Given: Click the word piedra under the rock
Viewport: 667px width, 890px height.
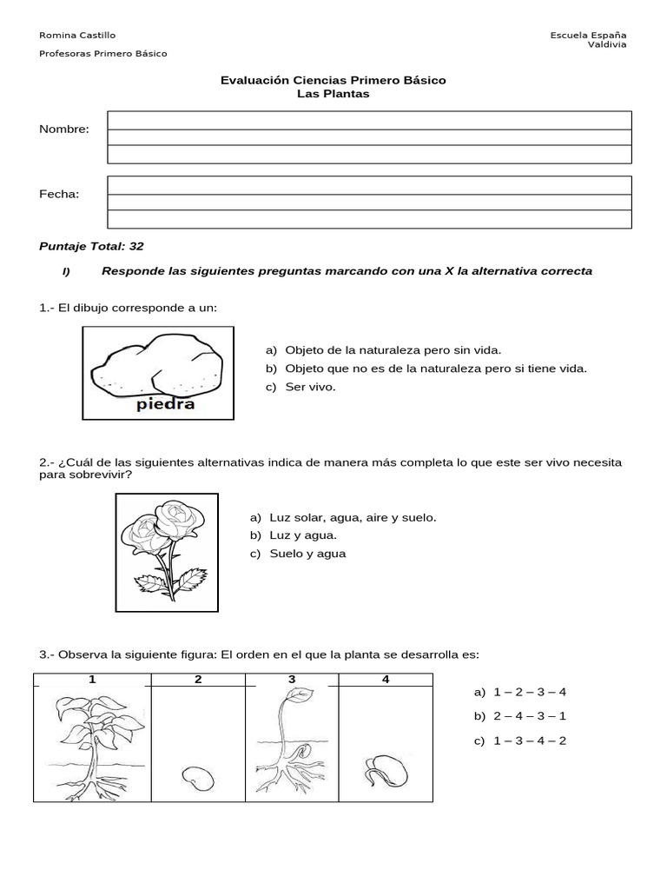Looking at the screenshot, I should click(165, 404).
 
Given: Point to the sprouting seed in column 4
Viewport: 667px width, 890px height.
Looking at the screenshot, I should click(382, 768).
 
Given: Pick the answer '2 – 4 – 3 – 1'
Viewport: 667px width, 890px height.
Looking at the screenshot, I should click(529, 716).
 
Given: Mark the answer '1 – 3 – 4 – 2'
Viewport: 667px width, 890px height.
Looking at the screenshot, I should click(529, 741).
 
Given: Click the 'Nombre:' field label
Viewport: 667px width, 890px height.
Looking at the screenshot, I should click(64, 130).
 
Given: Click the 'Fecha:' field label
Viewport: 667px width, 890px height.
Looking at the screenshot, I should click(59, 194).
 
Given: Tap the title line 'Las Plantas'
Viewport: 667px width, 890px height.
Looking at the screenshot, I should click(333, 94).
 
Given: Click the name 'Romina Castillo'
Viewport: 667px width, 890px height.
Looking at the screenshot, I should click(77, 35).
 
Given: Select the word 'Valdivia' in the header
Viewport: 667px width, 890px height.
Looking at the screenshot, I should click(607, 44).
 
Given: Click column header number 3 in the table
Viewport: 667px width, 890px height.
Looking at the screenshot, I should click(292, 680).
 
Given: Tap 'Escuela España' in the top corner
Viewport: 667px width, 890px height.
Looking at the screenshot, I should click(588, 35).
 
